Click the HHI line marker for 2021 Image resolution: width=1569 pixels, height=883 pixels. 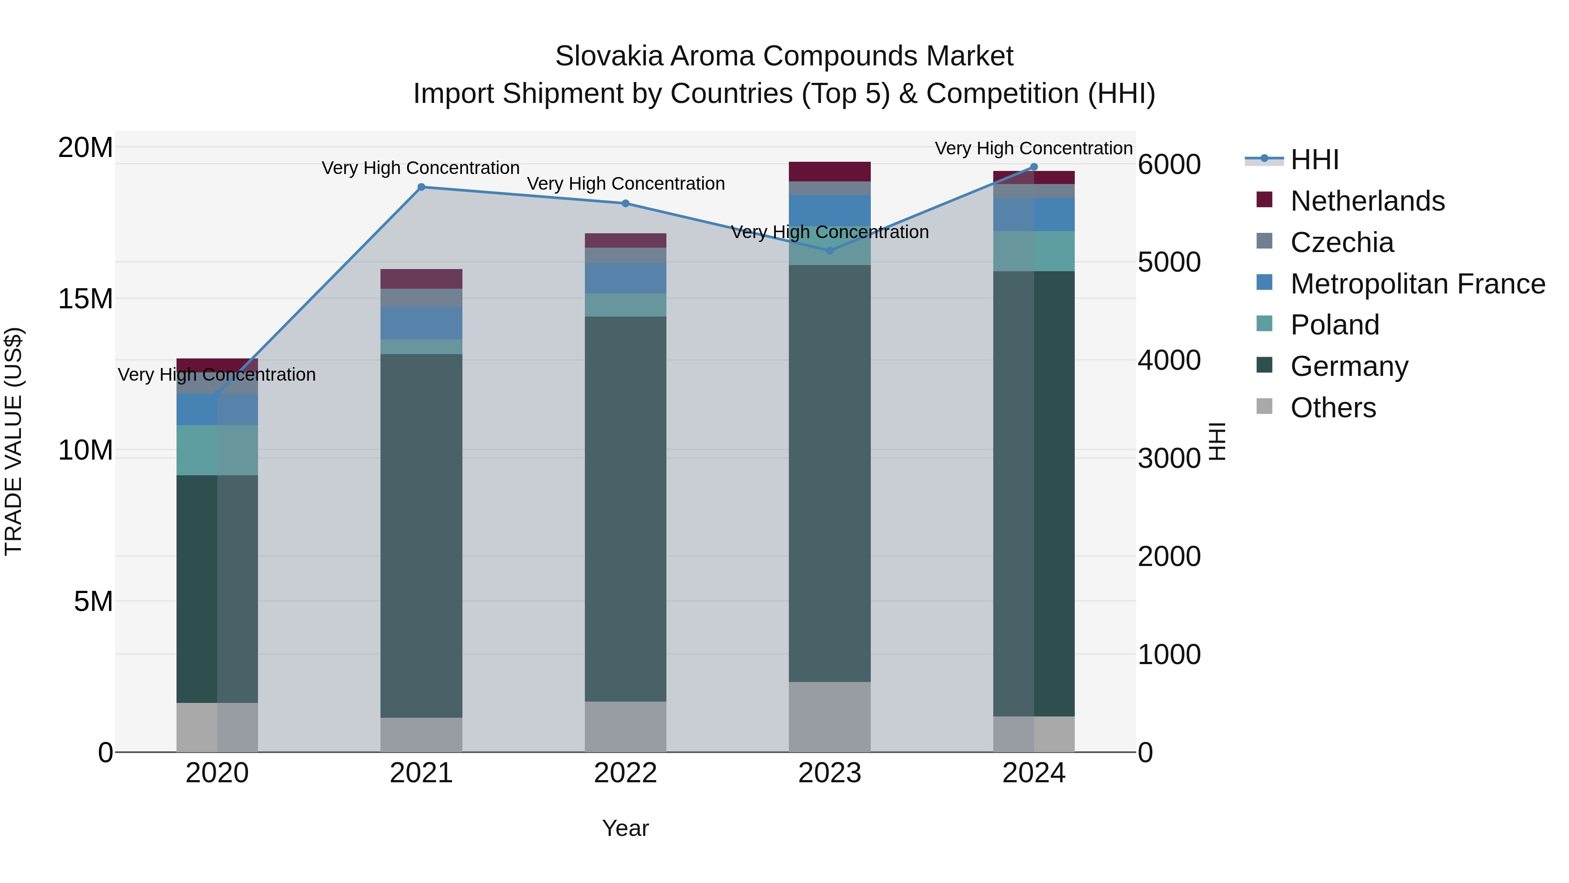pos(421,187)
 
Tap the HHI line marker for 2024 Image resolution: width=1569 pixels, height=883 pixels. pos(1034,167)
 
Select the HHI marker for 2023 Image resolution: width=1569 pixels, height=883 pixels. pos(829,250)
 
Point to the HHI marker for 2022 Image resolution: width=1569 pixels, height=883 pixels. pos(625,204)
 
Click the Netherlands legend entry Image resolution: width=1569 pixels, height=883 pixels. pos(1367,201)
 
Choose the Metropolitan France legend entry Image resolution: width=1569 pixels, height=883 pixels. pos(1417,284)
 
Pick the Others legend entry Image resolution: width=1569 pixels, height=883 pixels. pos(1333,408)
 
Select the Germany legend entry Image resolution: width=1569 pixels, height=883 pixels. pos(1348,366)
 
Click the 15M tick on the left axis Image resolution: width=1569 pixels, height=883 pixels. pos(85,299)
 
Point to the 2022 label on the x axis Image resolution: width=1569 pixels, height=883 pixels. pos(625,773)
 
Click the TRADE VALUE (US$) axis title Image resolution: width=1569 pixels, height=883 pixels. pos(14,441)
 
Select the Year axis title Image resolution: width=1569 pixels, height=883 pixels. pos(625,828)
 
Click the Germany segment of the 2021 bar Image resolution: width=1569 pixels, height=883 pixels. pos(421,536)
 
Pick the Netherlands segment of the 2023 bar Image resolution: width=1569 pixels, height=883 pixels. pos(829,171)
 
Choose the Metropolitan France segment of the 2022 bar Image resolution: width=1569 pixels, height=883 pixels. pos(625,279)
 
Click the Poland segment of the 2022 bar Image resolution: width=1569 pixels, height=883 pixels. pos(625,305)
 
